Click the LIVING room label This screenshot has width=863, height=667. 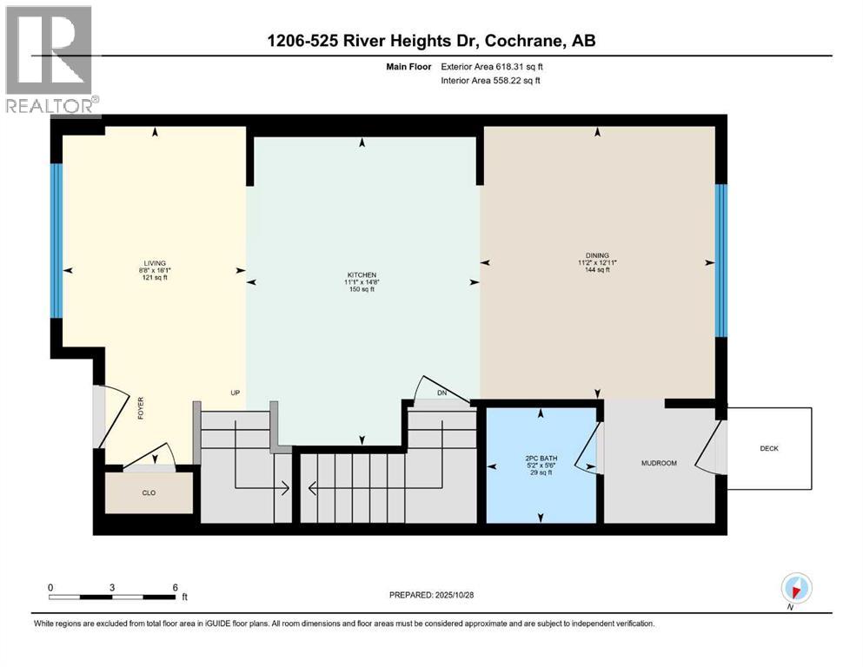click(155, 263)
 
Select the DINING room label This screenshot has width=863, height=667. click(596, 255)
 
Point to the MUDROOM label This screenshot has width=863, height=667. click(658, 463)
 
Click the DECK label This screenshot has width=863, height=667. click(769, 449)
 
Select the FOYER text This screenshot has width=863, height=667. click(140, 408)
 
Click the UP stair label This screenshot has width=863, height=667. click(235, 393)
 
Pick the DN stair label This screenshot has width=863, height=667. click(441, 393)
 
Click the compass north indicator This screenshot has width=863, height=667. click(795, 588)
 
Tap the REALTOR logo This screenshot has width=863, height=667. click(50, 61)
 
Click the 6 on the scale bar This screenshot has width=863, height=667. click(176, 587)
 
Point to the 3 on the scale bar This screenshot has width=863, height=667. click(112, 587)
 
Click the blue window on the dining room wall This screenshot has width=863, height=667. click(720, 261)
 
